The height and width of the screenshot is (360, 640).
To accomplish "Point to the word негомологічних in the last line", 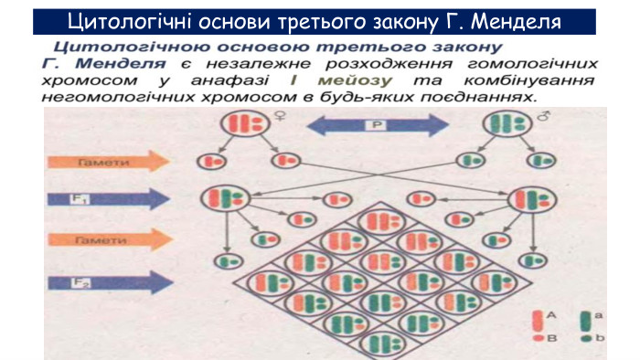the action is pyautogui.click(x=102, y=95).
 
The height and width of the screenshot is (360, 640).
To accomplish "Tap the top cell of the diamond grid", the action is pyautogui.click(x=378, y=220).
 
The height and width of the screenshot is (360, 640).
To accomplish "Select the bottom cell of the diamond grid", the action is pyautogui.click(x=377, y=344).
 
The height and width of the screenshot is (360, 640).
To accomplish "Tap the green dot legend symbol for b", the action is pyautogui.click(x=586, y=338).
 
